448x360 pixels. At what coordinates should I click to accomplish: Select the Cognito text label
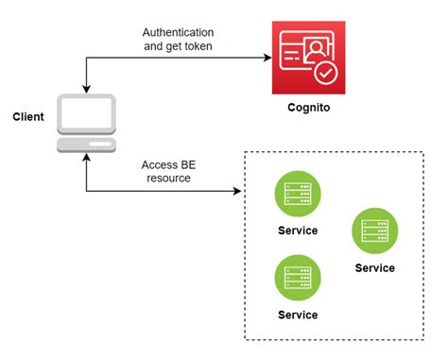307,109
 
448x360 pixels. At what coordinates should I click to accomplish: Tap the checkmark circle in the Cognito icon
324,73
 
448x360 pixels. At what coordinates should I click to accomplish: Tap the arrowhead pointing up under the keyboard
86,163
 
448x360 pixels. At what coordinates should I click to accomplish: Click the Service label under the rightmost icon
374,267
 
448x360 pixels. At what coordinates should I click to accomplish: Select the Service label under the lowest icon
298,315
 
